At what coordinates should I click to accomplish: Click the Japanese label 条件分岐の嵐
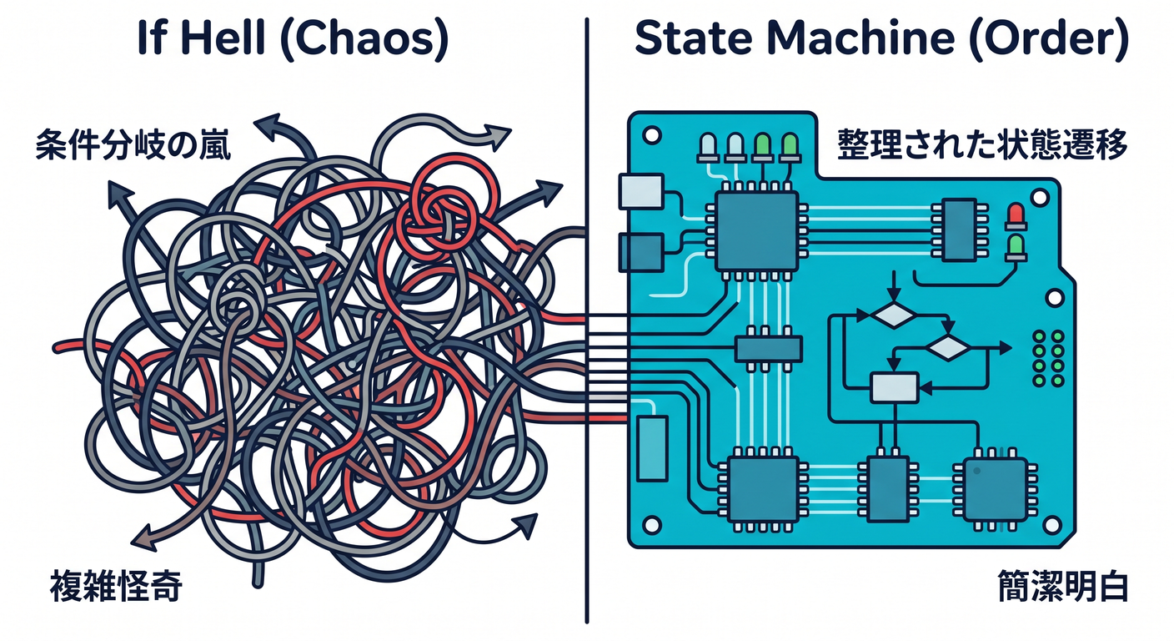133,145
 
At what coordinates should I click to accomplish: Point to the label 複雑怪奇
117,586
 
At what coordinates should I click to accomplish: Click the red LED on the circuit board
1016,216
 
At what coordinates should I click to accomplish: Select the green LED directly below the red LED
1016,248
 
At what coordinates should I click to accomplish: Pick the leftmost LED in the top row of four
708,148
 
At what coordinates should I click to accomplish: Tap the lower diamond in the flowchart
949,347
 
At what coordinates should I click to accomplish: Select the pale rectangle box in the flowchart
894,387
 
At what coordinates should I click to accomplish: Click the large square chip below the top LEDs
757,231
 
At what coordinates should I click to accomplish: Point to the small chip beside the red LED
960,230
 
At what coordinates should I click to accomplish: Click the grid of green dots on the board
1048,358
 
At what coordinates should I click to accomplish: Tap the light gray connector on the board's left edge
641,191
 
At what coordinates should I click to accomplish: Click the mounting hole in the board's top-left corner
651,135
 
